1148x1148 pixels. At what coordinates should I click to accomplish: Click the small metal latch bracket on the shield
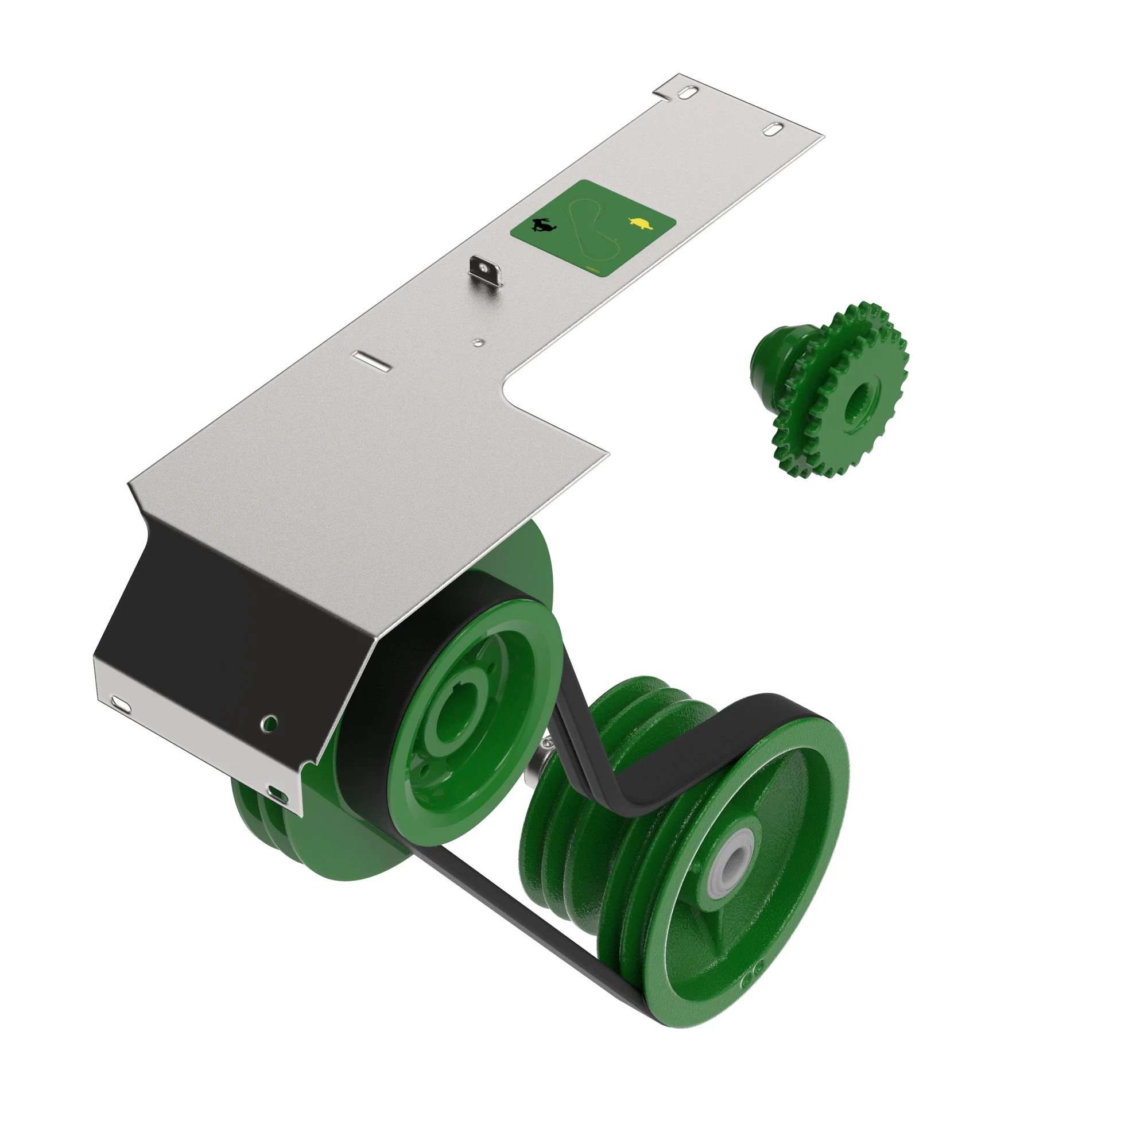[486, 272]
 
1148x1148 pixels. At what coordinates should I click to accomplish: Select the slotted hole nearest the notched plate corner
[688, 94]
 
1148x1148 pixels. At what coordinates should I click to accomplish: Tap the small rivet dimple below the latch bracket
[478, 342]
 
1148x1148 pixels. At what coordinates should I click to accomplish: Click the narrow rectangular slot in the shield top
[370, 360]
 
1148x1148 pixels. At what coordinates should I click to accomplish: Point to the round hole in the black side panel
[270, 723]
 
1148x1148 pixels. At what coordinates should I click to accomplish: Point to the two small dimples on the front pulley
[756, 970]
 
